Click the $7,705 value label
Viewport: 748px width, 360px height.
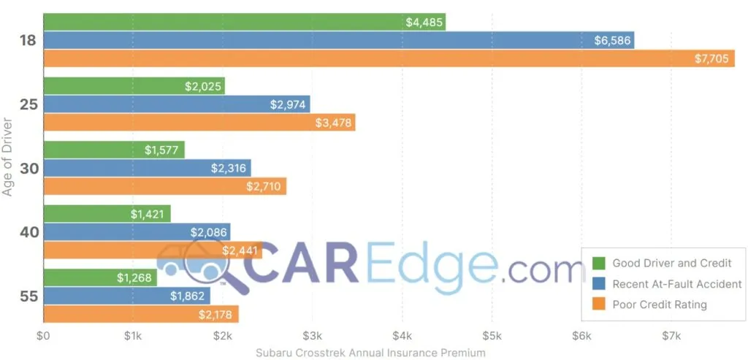[711, 58]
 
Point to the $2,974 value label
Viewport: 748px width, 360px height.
[289, 104]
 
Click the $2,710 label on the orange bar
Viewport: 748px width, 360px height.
[264, 186]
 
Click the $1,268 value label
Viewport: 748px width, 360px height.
[135, 278]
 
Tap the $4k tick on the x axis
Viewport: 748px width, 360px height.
[402, 337]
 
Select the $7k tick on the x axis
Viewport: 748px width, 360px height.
[671, 337]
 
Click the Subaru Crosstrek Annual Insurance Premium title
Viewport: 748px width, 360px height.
[370, 353]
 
